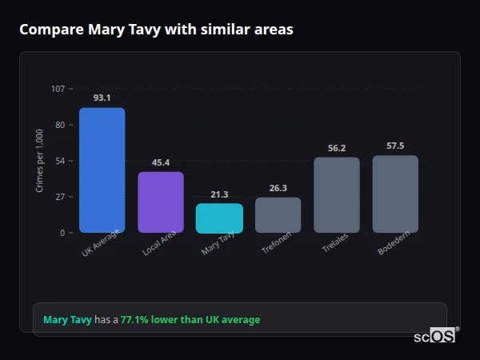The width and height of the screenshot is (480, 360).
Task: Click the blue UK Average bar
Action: (x=102, y=170)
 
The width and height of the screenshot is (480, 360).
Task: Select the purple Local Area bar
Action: (x=161, y=202)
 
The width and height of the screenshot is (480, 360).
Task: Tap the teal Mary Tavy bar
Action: (x=219, y=218)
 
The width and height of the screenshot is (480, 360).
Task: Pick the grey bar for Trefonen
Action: (x=278, y=215)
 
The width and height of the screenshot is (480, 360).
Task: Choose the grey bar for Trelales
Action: (x=337, y=195)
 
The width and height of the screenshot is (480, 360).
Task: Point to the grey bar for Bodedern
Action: (x=395, y=194)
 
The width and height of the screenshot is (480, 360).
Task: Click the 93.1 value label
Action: (x=102, y=98)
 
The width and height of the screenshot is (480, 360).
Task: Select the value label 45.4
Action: (x=161, y=162)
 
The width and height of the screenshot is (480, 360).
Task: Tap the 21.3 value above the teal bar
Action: (x=219, y=194)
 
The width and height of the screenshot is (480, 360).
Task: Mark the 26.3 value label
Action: (x=278, y=188)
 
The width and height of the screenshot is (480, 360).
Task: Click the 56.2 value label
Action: (x=337, y=148)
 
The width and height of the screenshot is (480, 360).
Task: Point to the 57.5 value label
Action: (x=395, y=146)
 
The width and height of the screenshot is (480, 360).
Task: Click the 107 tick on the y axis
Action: (x=58, y=89)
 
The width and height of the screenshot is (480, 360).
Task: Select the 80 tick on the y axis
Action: (x=60, y=125)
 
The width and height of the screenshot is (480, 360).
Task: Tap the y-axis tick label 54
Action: (x=60, y=161)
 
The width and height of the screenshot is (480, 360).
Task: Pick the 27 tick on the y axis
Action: (x=60, y=197)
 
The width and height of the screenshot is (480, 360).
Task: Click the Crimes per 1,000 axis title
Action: (x=40, y=161)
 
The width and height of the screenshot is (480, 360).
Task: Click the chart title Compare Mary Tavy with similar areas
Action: (x=156, y=30)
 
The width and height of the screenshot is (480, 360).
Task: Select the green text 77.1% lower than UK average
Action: (x=190, y=320)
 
